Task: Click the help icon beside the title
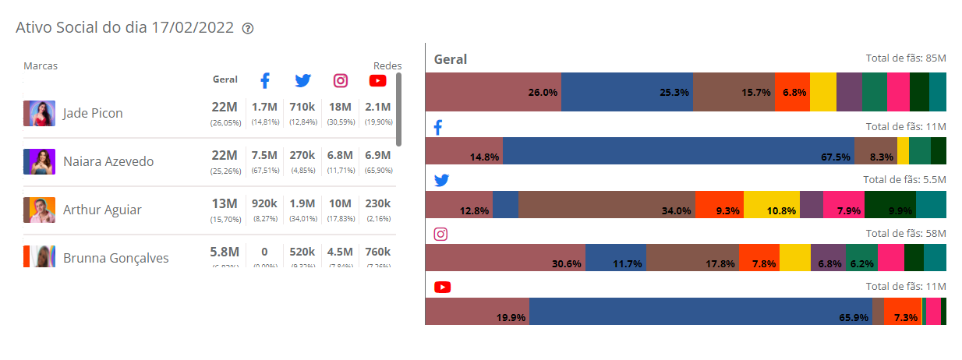point(248,28)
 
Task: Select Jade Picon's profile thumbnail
point(39,113)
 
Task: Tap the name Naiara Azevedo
point(108,161)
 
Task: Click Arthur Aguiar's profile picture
point(39,210)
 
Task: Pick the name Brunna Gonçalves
point(115,258)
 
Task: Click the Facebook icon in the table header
point(264,80)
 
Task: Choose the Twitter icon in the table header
point(302,80)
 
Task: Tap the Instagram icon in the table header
point(341,80)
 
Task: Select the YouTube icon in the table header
point(378,80)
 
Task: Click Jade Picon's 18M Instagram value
point(341,107)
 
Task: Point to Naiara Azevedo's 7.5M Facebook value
point(265,155)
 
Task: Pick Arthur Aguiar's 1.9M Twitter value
point(302,203)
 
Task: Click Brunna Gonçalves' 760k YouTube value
point(378,252)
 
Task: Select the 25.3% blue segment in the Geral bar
point(627,92)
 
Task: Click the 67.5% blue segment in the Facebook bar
point(678,150)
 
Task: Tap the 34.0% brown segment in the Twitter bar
point(607,204)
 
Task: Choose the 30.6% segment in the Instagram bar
point(505,257)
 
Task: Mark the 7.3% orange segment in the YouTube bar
point(902,311)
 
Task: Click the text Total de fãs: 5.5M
point(904,179)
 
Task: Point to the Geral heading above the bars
point(451,59)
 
